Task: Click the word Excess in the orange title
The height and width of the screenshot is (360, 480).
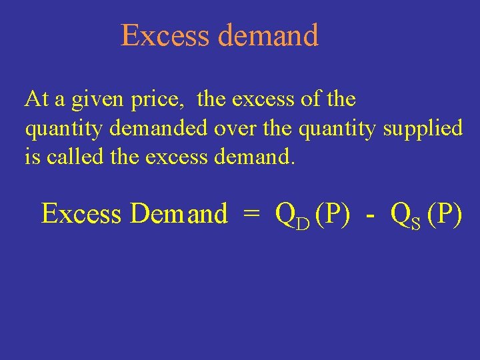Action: [166, 35]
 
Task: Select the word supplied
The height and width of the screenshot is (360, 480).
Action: [423, 128]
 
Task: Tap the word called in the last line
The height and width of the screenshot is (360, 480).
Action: [65, 156]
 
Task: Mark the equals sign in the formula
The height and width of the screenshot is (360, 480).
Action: [251, 214]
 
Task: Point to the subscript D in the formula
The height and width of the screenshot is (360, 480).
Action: [303, 222]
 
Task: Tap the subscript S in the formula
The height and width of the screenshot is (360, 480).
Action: [415, 222]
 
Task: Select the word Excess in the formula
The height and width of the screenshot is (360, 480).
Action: [81, 214]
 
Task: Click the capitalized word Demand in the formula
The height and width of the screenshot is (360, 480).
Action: [179, 214]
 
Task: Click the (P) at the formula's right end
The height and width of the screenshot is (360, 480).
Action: [443, 214]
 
